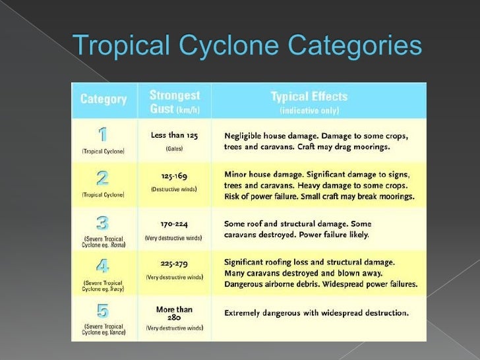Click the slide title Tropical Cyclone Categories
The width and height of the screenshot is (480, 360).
(x=247, y=47)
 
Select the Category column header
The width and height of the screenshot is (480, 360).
(x=104, y=100)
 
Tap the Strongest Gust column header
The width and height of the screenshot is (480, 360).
(x=174, y=100)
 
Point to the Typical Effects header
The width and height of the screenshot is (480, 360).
(x=309, y=97)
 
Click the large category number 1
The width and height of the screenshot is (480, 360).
(x=103, y=135)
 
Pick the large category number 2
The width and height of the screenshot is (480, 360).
(x=103, y=179)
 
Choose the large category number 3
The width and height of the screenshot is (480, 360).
(x=103, y=222)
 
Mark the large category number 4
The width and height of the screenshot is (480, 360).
(x=103, y=266)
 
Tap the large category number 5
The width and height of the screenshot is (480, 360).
(x=103, y=311)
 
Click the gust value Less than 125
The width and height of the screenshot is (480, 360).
(x=174, y=135)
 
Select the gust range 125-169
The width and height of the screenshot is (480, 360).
(x=174, y=176)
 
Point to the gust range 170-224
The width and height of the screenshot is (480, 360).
(x=174, y=224)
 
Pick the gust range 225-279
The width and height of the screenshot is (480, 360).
(x=174, y=262)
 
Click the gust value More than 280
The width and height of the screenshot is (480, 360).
(x=174, y=313)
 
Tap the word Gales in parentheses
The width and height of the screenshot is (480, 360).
(x=174, y=149)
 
